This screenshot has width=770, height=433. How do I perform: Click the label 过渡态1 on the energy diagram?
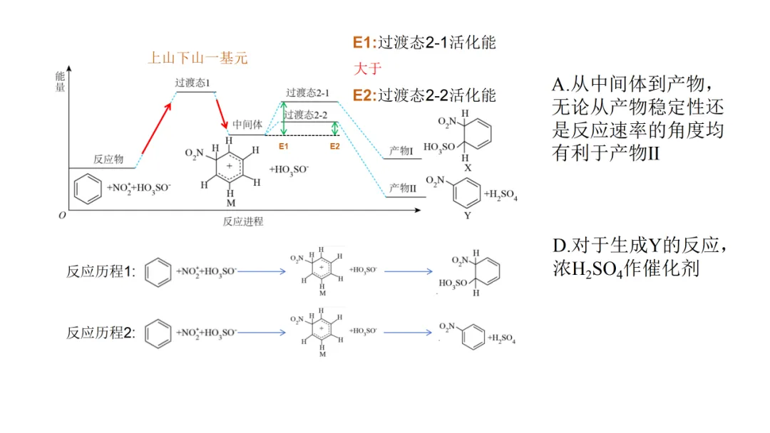point(192,83)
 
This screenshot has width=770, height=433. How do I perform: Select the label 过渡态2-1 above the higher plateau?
point(308,93)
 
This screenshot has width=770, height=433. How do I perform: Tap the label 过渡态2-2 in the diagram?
point(305,115)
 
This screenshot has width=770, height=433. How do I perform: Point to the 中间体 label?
point(247,125)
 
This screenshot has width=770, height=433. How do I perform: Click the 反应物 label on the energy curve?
point(108,159)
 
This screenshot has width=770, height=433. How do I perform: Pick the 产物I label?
point(401,150)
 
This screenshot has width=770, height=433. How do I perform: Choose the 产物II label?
point(403,188)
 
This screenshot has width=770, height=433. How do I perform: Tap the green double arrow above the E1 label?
point(283,119)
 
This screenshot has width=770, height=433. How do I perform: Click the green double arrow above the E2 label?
point(335,128)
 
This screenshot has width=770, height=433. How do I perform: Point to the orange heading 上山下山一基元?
point(198,58)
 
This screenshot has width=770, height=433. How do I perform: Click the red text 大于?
point(367,68)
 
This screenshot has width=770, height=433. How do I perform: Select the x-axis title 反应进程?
point(243,221)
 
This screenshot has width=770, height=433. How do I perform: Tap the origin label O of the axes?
point(62,215)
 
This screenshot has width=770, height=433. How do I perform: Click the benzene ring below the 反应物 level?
point(88,188)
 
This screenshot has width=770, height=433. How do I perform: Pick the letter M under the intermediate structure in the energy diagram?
point(231,203)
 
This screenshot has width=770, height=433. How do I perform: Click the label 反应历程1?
point(101,271)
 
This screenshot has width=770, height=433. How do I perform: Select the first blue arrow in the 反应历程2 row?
point(261,333)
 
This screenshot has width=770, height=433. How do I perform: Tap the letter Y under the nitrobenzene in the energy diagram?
point(468,215)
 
